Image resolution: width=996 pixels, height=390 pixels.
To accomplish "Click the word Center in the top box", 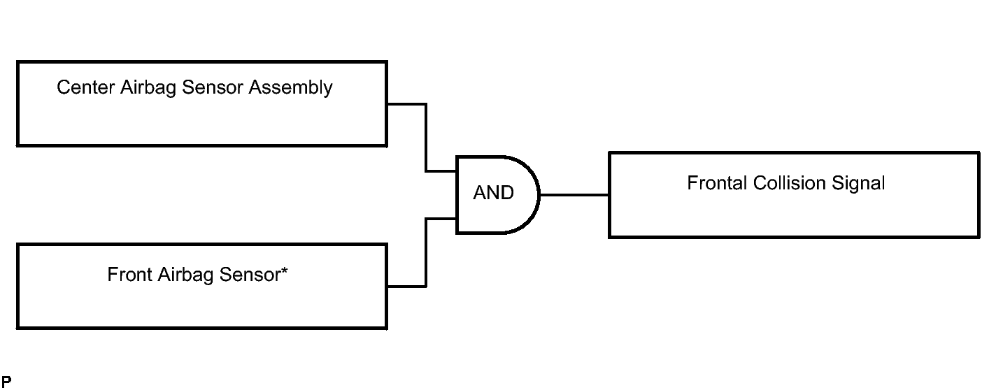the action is (x=86, y=87).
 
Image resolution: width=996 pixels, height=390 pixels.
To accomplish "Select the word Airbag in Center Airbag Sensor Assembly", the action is (x=148, y=88).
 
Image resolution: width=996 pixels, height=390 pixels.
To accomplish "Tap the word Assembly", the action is (x=290, y=88).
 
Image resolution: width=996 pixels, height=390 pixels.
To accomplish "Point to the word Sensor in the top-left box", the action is (x=213, y=87).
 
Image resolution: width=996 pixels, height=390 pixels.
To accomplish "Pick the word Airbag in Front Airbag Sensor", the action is (x=185, y=275).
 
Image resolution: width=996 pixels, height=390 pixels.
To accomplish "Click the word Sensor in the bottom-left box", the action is (x=250, y=275).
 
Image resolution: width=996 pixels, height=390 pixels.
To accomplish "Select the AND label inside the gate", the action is (x=494, y=193).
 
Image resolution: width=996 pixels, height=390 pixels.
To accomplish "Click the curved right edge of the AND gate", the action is (x=539, y=194).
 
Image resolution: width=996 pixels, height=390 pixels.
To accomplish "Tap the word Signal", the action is (x=858, y=184).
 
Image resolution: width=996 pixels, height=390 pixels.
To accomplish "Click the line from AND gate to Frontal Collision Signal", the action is (x=574, y=194).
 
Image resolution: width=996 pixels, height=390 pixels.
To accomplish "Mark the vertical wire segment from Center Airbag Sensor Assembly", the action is (x=426, y=138).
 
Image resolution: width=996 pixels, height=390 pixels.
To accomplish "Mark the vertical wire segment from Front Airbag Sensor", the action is (x=426, y=253).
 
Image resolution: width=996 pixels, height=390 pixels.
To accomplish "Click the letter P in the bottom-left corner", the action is (x=6, y=382).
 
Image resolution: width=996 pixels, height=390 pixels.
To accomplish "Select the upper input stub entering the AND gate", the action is (x=441, y=171).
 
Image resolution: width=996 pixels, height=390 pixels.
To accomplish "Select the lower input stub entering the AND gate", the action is (x=441, y=219).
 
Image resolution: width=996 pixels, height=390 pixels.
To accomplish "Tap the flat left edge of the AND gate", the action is (x=457, y=194).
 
